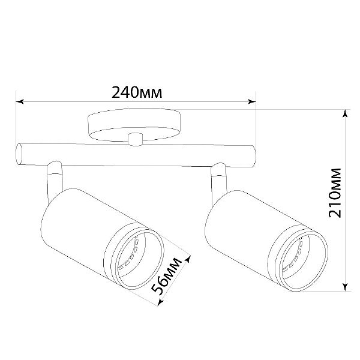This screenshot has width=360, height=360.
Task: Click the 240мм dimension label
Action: (x=137, y=92)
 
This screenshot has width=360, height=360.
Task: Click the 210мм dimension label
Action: (x=335, y=193)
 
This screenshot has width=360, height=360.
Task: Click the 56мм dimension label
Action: (x=167, y=277)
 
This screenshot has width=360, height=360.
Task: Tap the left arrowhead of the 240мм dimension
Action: (x=20, y=101)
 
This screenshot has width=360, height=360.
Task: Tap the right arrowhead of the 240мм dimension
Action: (x=252, y=101)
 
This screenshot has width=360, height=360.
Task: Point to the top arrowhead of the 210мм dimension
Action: (x=344, y=113)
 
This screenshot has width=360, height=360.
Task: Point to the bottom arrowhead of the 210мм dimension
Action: (x=344, y=287)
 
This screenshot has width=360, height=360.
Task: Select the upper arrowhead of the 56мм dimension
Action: (x=188, y=260)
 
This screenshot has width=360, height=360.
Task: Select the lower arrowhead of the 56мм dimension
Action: (x=160, y=302)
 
